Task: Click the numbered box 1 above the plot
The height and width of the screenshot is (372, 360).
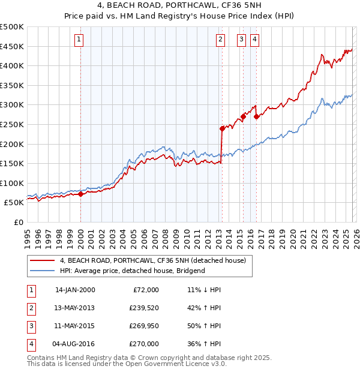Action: pyautogui.click(x=80, y=40)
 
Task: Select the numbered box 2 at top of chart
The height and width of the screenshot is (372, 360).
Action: pyautogui.click(x=220, y=40)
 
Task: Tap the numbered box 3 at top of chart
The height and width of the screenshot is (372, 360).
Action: pyautogui.click(x=242, y=40)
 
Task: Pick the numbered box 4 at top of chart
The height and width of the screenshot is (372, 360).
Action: pyautogui.click(x=255, y=40)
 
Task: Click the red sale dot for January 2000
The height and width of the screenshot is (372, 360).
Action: pyautogui.click(x=80, y=194)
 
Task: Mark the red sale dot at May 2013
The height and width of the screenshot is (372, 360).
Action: pyautogui.click(x=222, y=128)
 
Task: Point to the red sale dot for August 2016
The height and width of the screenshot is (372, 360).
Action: pyautogui.click(x=256, y=116)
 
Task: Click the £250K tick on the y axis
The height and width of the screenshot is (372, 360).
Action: pyautogui.click(x=12, y=124)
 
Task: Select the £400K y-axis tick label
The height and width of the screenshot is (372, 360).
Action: pyautogui.click(x=12, y=65)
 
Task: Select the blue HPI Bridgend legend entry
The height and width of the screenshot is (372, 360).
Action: pyautogui.click(x=132, y=271)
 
